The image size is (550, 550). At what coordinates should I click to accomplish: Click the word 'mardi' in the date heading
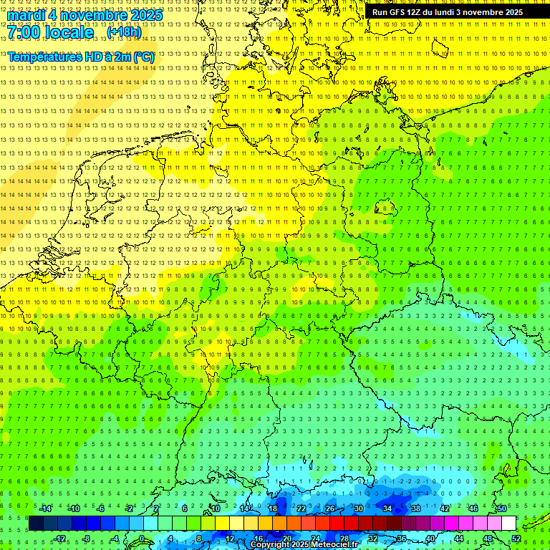pyautogui.click(x=26, y=15)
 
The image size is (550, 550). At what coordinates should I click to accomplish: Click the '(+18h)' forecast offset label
pyautogui.click(x=124, y=32)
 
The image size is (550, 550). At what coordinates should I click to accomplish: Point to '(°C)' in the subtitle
pyautogui.click(x=143, y=57)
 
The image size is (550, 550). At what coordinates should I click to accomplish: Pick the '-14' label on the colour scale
pyautogui.click(x=46, y=508)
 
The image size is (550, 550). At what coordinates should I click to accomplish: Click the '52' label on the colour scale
pyautogui.click(x=516, y=538)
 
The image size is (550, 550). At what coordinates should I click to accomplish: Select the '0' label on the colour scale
pyautogui.click(x=142, y=538)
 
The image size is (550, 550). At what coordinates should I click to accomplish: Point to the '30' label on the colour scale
pyautogui.click(x=358, y=508)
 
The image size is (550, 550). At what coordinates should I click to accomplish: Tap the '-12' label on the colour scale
pyautogui.click(x=60, y=538)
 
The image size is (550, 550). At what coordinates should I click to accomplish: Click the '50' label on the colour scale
pyautogui.click(x=502, y=508)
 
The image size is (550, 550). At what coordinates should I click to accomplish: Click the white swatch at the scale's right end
pyautogui.click(x=509, y=524)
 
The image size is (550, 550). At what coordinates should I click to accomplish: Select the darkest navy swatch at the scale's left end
pyautogui.click(x=36, y=524)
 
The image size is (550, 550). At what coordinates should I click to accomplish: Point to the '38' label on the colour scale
pyautogui.click(x=415, y=508)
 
